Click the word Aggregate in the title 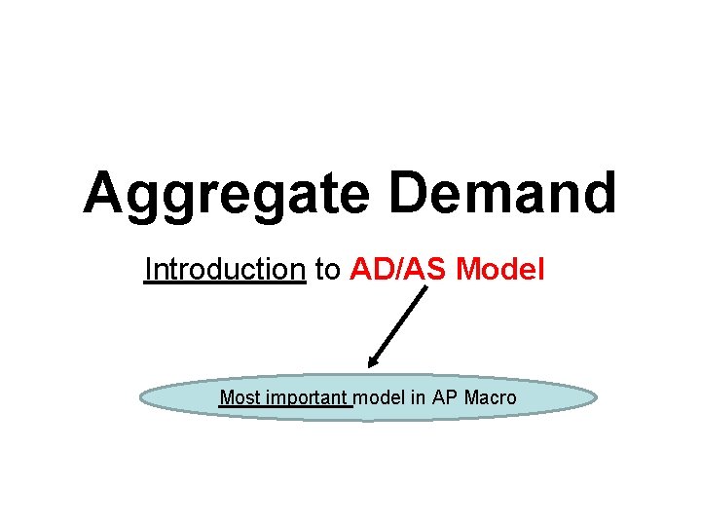point(225,194)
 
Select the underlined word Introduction point(225,269)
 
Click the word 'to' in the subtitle point(328,270)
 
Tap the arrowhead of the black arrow point(371,364)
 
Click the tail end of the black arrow point(426,288)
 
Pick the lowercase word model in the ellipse point(379,397)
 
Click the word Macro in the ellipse point(491,397)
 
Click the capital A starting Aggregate point(104,192)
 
